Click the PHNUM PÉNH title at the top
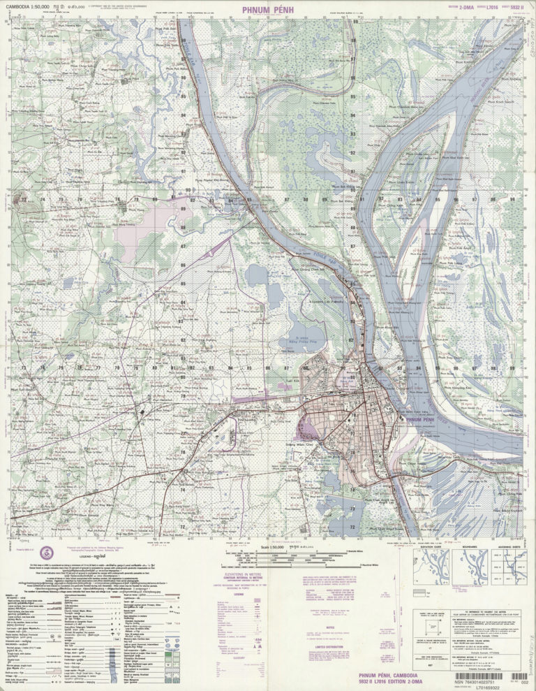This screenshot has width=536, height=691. tap(268, 10)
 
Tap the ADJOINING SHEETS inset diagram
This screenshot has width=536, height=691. tap(507, 567)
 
